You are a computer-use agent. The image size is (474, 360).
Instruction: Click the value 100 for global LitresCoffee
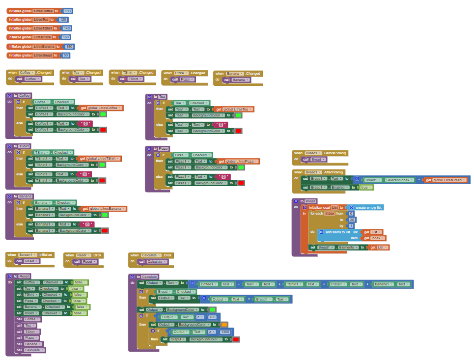(67, 10)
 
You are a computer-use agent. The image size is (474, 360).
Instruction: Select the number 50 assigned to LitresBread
(66, 55)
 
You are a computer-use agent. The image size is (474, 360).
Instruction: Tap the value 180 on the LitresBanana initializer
(69, 47)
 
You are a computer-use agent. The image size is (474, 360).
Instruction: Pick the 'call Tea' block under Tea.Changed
(81, 79)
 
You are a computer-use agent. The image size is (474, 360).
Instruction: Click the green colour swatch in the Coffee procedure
(103, 114)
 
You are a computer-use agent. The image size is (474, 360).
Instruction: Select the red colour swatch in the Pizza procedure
(241, 183)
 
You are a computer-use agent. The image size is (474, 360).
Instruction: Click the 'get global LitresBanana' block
(103, 209)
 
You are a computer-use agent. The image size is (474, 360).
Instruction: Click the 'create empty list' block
(366, 208)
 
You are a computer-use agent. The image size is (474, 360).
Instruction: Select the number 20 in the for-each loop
(351, 220)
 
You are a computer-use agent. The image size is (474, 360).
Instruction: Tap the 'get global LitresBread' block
(446, 180)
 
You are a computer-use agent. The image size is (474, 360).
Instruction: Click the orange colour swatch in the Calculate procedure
(224, 325)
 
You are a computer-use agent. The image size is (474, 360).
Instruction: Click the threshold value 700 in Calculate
(213, 317)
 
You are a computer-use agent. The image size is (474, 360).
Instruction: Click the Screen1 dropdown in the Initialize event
(28, 255)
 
